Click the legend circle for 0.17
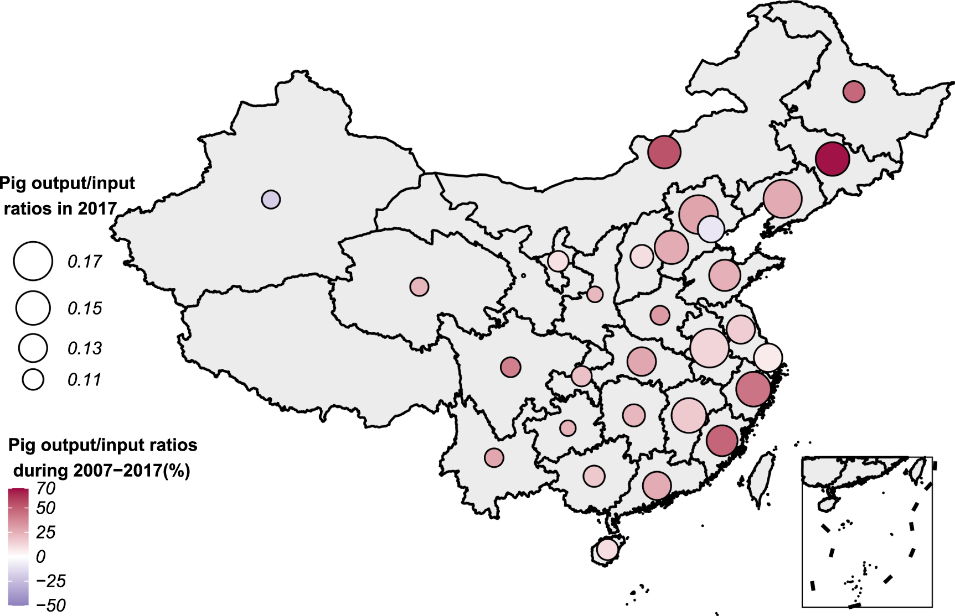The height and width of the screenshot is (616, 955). pyautogui.click(x=33, y=260)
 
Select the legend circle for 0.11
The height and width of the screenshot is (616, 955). pyautogui.click(x=33, y=380)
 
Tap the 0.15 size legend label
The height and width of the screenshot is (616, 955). pyautogui.click(x=85, y=309)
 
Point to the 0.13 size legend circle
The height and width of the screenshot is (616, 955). pyautogui.click(x=33, y=348)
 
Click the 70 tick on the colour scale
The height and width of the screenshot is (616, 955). pyautogui.click(x=46, y=489)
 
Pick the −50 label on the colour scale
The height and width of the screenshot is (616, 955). pyautogui.click(x=51, y=605)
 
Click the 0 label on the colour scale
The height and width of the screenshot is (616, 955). pyautogui.click(x=40, y=557)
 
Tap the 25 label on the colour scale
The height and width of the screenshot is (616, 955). pyautogui.click(x=45, y=533)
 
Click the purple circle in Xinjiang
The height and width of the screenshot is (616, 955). pyautogui.click(x=271, y=199)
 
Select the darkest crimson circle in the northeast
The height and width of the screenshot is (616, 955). pyautogui.click(x=832, y=159)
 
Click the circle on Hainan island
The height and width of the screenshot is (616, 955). pyautogui.click(x=607, y=550)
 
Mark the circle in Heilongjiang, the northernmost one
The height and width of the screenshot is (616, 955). pyautogui.click(x=854, y=91)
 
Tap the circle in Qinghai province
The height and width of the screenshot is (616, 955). pyautogui.click(x=419, y=287)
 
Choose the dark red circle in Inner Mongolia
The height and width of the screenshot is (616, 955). pyautogui.click(x=664, y=152)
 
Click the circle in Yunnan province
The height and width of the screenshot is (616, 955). pyautogui.click(x=494, y=458)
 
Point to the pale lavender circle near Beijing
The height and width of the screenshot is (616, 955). pyautogui.click(x=711, y=229)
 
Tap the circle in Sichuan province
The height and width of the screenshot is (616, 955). pyautogui.click(x=510, y=367)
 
